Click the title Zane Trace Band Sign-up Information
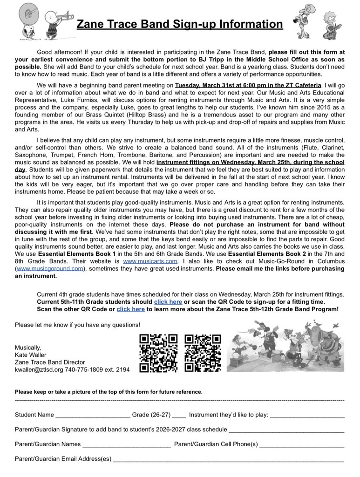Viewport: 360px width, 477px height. [180, 24]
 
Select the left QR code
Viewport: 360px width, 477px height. [158, 354]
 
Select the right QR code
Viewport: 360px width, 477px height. [203, 354]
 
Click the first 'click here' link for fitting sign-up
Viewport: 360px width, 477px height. [168, 302]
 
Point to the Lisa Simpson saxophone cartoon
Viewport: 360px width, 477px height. [332, 25]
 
